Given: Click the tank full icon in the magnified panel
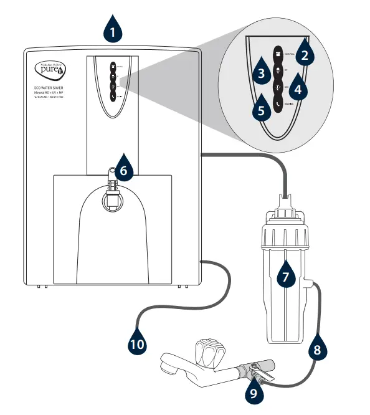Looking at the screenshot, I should (278, 53).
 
